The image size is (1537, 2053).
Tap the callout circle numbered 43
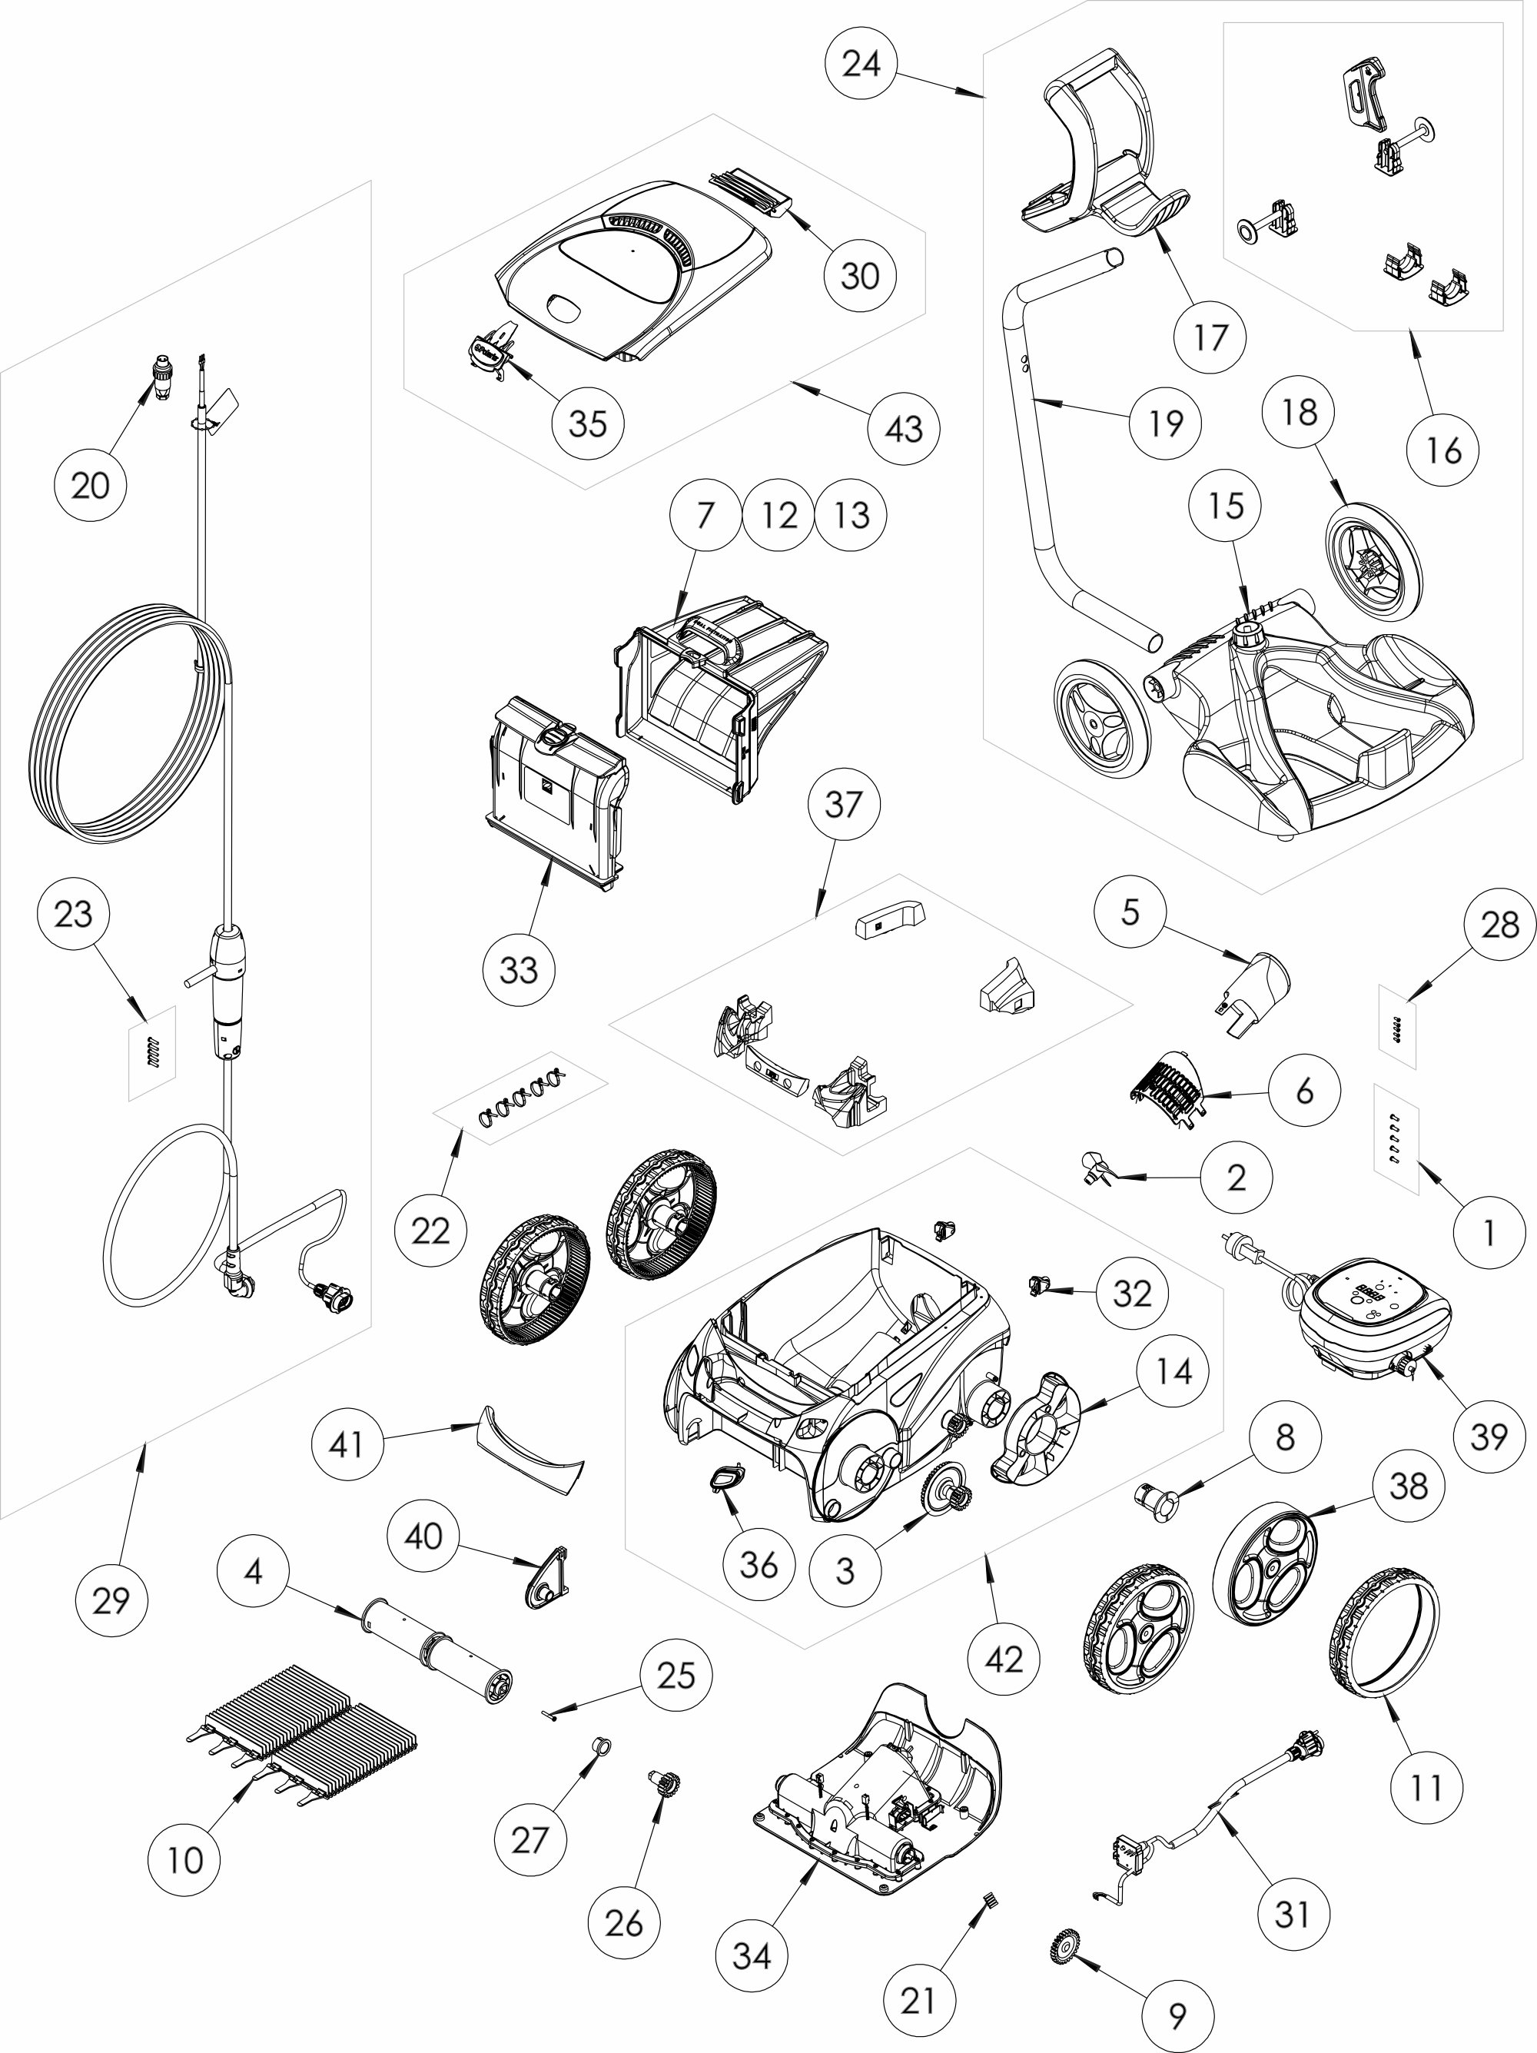[904, 429]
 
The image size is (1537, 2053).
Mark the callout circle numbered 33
[519, 970]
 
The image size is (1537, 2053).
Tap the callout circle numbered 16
[1443, 451]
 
